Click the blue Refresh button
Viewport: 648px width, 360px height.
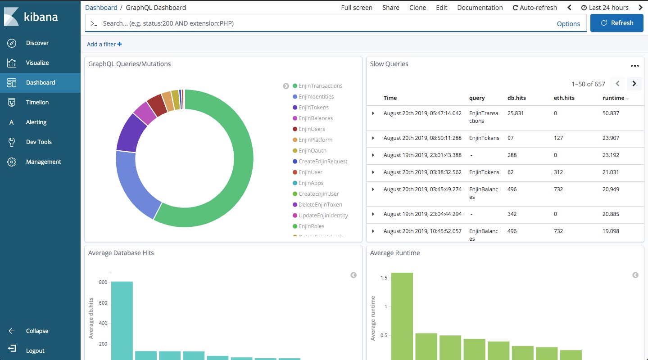point(617,23)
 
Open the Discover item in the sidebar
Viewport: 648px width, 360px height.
point(37,43)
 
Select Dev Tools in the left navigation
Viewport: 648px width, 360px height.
point(38,142)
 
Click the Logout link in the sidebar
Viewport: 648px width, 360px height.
point(35,351)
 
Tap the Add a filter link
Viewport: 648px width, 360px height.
point(104,44)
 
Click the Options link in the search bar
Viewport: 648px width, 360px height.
point(568,24)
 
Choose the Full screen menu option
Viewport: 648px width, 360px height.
point(356,8)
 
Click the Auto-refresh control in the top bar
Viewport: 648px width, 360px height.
point(535,8)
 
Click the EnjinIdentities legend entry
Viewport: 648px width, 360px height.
point(316,97)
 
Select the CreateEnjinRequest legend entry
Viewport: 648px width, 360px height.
point(323,162)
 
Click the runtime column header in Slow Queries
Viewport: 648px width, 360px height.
point(613,98)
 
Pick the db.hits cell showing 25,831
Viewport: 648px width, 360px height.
point(516,113)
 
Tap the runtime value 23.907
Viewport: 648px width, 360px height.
point(611,138)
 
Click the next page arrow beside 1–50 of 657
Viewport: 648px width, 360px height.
point(634,84)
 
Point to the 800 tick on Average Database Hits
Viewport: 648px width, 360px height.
point(103,282)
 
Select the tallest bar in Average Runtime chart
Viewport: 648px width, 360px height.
point(402,316)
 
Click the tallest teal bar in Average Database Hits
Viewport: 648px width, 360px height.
point(122,321)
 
